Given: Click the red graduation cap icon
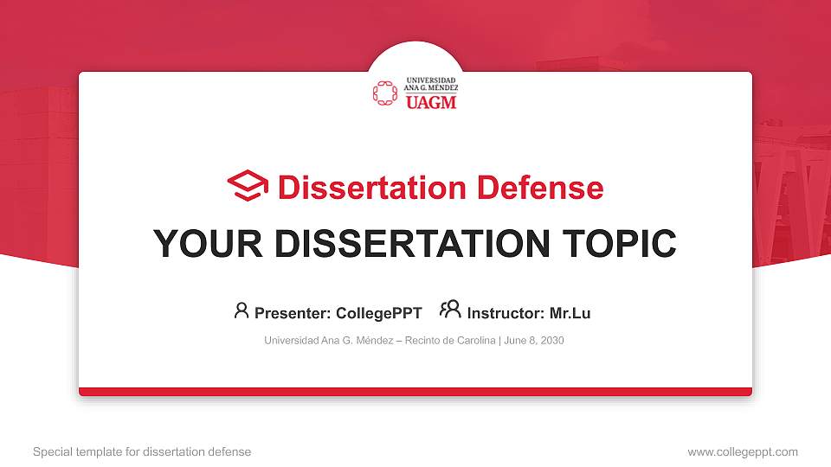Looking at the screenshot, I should coord(248,186).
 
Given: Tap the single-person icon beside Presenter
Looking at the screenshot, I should coord(242,310).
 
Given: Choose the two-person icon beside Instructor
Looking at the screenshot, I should coord(450,310).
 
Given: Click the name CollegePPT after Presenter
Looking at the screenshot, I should coord(378,313).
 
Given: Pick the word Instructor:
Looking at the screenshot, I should coord(506,313).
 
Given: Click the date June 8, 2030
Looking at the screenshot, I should coord(533,341).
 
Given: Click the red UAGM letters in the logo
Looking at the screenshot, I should coord(430,102).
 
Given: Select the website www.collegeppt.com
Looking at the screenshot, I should coord(742,451).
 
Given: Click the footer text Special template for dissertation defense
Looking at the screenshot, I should coord(142,451).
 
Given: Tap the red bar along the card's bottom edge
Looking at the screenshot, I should coord(415,392).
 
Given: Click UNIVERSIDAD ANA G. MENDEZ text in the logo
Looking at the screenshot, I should coord(431,84).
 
